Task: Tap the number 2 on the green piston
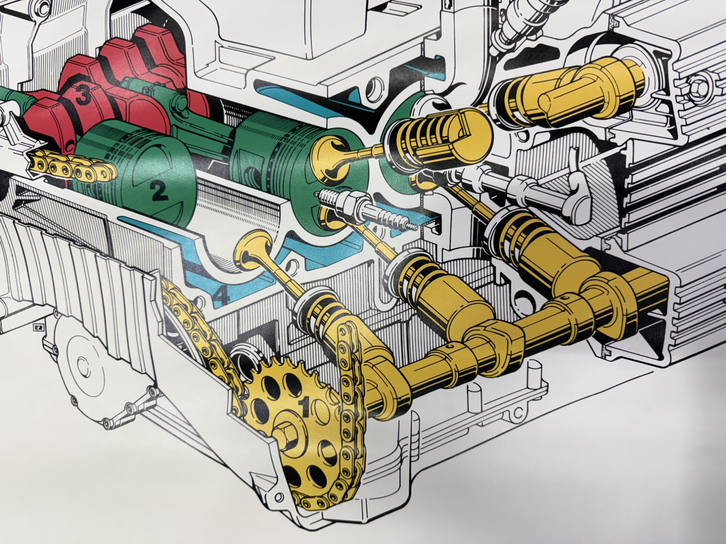[x=158, y=190]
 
